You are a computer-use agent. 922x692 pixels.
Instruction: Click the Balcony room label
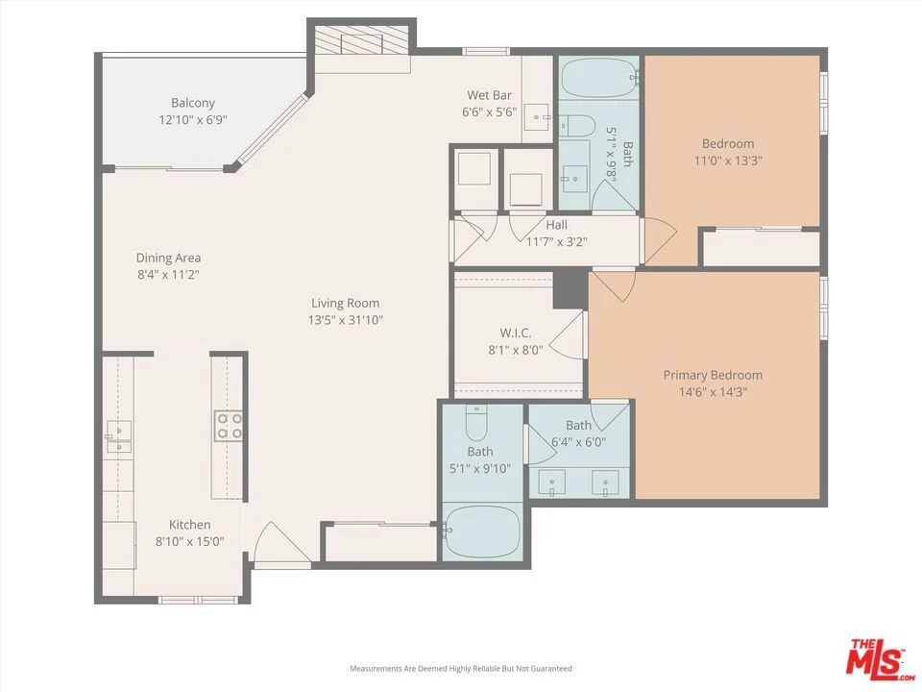click(193, 103)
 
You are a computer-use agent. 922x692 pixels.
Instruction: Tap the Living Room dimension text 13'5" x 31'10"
click(345, 320)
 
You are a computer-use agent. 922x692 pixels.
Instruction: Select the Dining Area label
click(168, 258)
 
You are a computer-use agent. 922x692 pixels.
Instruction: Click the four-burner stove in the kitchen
click(230, 426)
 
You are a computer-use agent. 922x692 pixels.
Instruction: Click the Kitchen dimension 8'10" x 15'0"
click(190, 541)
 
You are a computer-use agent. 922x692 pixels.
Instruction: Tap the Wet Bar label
click(489, 95)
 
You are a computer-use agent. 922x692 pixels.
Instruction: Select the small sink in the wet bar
click(537, 116)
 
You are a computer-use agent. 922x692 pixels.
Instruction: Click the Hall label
click(556, 225)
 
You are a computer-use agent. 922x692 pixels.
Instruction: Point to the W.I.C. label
click(516, 334)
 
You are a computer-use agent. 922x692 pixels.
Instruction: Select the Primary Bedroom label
click(713, 375)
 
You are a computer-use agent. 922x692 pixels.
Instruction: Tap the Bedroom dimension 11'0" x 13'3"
click(728, 161)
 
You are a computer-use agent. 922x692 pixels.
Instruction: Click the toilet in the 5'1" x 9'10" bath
click(477, 423)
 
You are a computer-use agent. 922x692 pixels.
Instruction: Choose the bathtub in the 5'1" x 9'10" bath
click(482, 531)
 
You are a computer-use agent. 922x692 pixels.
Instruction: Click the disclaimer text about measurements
click(461, 669)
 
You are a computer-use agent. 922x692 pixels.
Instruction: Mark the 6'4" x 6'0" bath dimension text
click(578, 441)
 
